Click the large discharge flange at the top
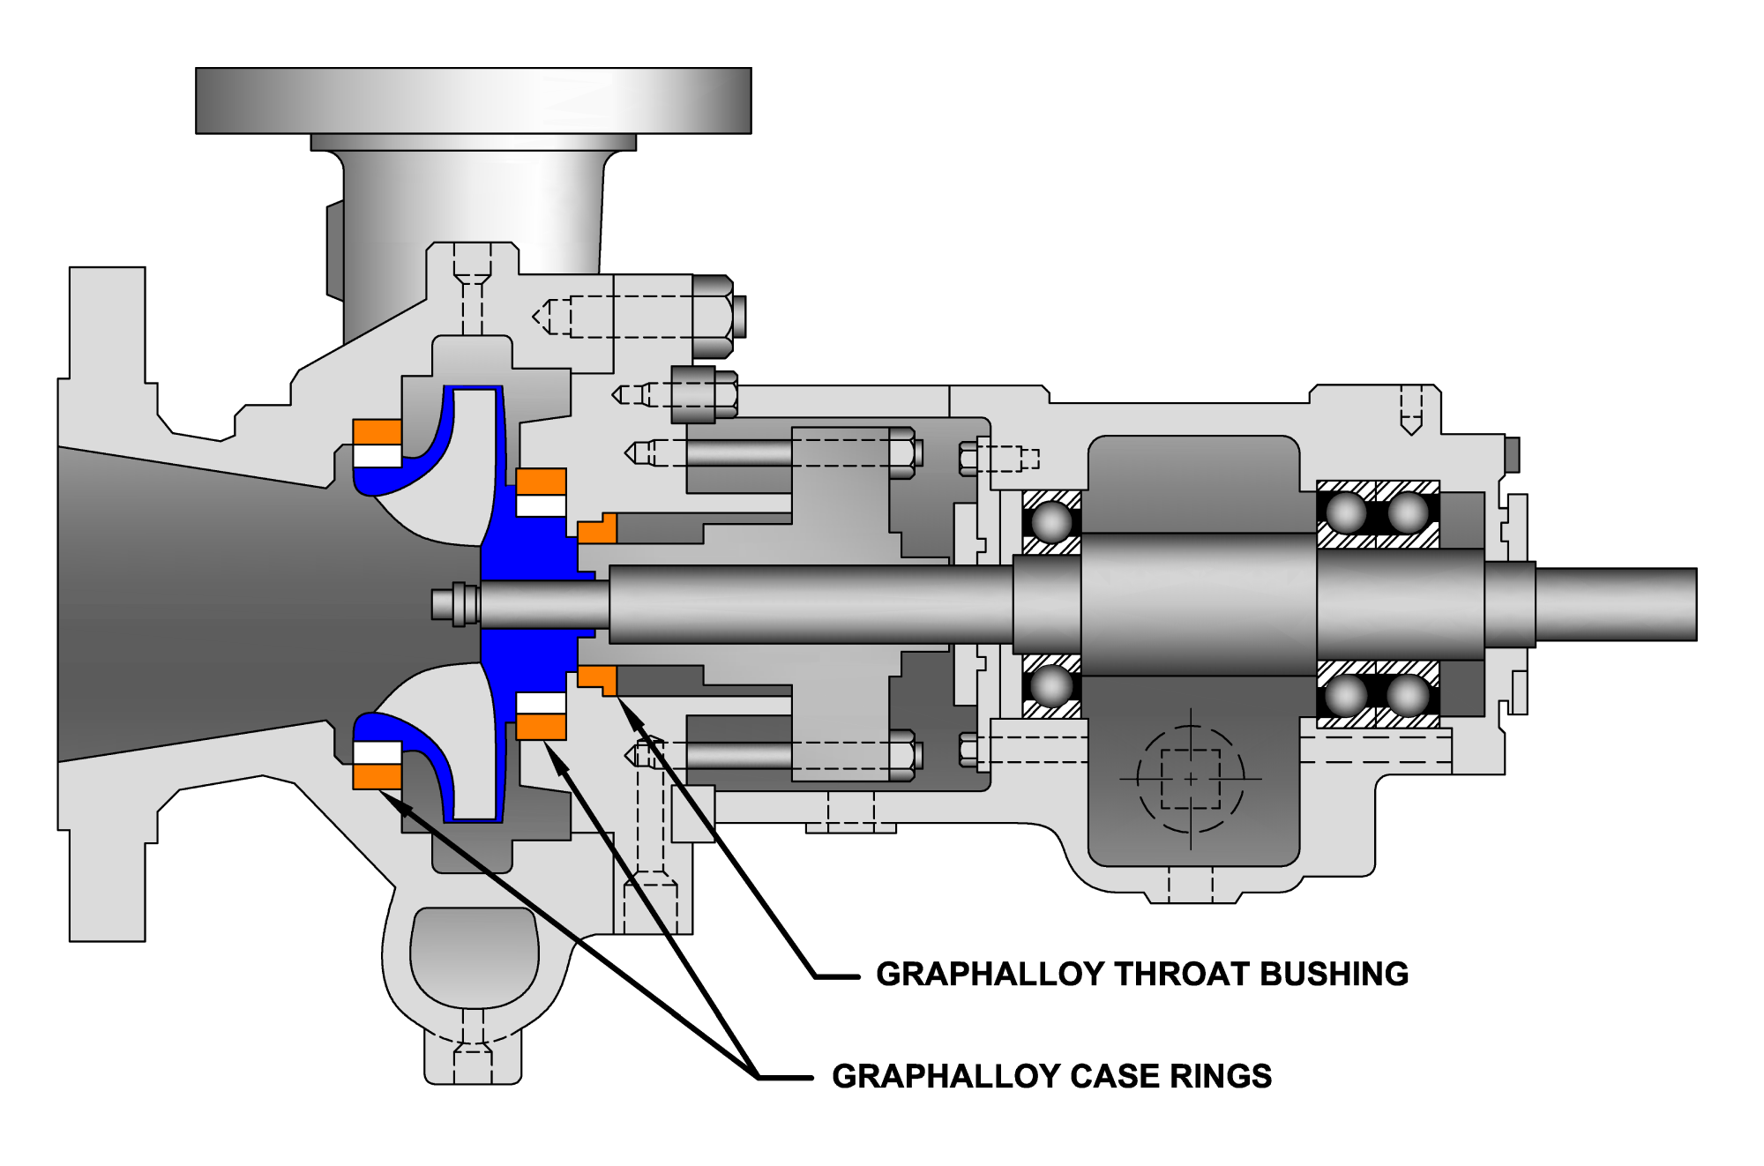(x=473, y=101)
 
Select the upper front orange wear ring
(x=377, y=432)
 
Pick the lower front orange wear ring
(x=377, y=775)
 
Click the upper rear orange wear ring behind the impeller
(x=541, y=482)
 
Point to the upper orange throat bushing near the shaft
(x=597, y=529)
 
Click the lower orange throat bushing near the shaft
(x=597, y=678)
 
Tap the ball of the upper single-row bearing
(x=1051, y=521)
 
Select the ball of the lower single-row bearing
(x=1051, y=686)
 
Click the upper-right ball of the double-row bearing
(x=1408, y=512)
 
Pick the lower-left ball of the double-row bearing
(x=1346, y=696)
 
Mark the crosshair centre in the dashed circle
(x=1191, y=779)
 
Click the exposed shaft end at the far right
(x=1614, y=604)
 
